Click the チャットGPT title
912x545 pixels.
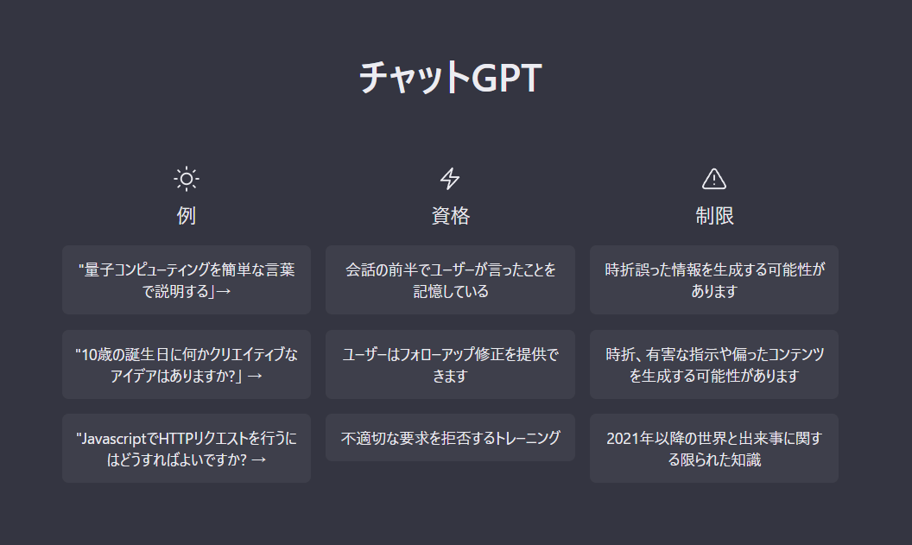click(x=451, y=78)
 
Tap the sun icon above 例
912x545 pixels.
click(x=187, y=179)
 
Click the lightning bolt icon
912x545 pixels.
click(x=450, y=179)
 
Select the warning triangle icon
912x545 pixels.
click(x=713, y=179)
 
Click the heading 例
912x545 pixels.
click(x=187, y=216)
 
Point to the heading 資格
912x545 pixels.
click(x=450, y=216)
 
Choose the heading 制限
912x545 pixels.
click(x=714, y=216)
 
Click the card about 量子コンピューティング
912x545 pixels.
click(x=187, y=280)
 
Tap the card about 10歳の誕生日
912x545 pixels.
click(x=187, y=364)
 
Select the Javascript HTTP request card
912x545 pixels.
click(x=187, y=448)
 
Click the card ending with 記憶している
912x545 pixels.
click(x=450, y=280)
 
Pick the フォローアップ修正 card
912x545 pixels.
click(x=450, y=364)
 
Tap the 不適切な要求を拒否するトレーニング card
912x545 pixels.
click(x=450, y=438)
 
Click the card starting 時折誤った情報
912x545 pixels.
click(x=714, y=280)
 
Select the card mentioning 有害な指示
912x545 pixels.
click(x=714, y=364)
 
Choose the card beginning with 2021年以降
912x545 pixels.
click(x=714, y=448)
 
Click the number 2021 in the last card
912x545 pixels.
click(x=623, y=439)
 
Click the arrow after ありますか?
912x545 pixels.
click(x=255, y=377)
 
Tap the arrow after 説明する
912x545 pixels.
click(x=224, y=291)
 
